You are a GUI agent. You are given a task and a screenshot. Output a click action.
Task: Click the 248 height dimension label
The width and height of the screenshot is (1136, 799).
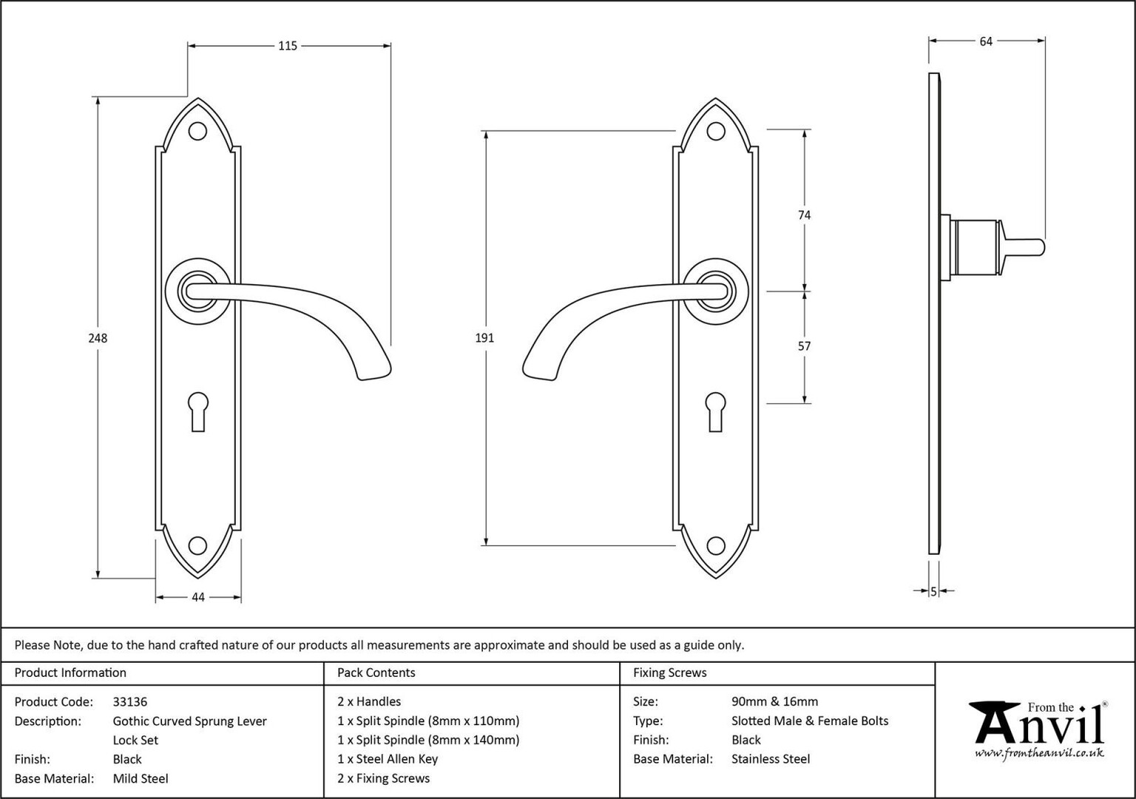pos(98,338)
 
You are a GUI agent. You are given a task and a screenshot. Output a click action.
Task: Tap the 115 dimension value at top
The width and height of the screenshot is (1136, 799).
pos(288,46)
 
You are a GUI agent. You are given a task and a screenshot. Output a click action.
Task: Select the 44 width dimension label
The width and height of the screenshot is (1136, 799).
pos(197,598)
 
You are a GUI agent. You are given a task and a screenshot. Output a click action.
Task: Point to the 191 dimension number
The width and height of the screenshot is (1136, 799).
pos(484,338)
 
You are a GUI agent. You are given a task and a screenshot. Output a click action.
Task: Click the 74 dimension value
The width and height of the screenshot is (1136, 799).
pos(805,215)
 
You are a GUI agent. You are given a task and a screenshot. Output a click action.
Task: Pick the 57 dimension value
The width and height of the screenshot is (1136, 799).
pos(805,346)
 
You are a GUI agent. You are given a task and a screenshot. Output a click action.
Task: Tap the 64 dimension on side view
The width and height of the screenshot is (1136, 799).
pos(986,41)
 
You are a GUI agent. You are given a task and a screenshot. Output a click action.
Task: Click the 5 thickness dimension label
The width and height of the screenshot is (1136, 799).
pos(933,592)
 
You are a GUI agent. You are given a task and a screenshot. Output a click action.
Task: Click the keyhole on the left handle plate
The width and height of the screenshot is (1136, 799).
pos(197,411)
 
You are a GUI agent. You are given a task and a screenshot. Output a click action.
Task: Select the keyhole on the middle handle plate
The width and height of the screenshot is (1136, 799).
pos(716,411)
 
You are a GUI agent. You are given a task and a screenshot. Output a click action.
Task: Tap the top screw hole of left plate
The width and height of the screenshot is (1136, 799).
pos(197,132)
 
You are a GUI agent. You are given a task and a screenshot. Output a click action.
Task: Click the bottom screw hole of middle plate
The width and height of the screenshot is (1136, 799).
pos(716,545)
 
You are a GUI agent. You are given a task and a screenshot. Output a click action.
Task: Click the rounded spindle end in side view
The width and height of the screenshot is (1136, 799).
pos(1041,248)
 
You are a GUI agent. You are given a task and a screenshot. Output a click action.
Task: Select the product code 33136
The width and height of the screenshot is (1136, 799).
pos(130,701)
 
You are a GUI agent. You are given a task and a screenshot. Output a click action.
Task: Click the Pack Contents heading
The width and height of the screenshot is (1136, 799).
pos(376,672)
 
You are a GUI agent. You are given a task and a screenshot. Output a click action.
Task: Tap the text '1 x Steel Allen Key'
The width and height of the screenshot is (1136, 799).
pos(388,759)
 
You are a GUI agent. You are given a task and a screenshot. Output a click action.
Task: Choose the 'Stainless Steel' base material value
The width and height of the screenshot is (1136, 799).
pos(771,759)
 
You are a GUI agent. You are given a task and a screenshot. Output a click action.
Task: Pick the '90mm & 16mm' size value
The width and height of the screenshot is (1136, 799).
pos(774,701)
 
